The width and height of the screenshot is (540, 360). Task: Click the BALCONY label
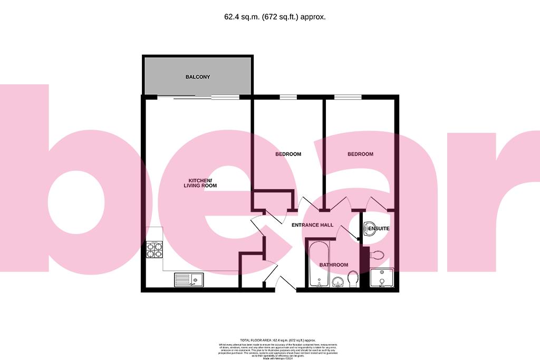coord(198,77)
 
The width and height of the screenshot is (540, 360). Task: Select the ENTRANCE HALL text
coord(313,225)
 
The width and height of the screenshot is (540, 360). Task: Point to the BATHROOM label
coord(334,265)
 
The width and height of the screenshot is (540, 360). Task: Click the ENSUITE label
coord(379,229)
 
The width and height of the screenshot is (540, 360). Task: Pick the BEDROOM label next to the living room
coord(288,154)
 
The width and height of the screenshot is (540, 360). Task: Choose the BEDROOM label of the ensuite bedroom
coord(360,154)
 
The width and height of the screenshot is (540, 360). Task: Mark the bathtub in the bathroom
coord(318,265)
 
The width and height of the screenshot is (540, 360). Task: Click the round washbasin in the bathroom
coord(338,283)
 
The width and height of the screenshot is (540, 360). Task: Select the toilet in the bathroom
coord(353,279)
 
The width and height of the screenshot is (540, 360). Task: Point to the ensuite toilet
coord(377,256)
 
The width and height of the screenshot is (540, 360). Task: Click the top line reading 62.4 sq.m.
coord(275,17)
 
